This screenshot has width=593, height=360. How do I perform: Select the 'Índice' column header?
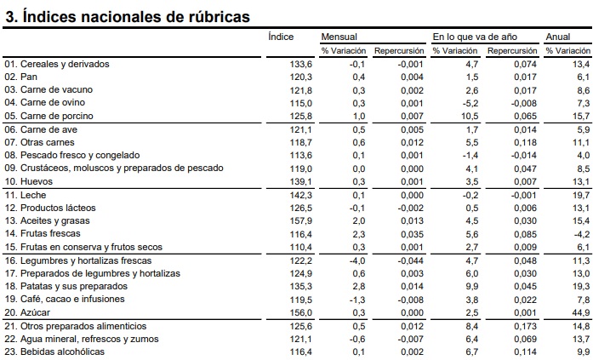pos(281,37)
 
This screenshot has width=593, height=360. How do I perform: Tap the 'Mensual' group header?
pos(339,37)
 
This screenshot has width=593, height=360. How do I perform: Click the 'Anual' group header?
pos(558,37)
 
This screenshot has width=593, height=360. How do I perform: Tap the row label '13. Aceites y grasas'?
pos(48,221)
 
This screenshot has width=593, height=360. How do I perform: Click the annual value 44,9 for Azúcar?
pos(580,313)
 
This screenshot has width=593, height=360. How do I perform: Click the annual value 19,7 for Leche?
pos(580,195)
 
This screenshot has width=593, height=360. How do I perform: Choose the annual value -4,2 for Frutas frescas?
pos(580,234)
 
